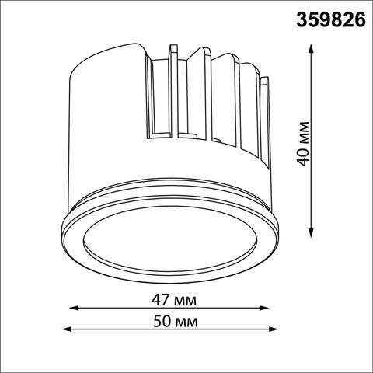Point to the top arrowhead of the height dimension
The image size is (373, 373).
click(312, 47)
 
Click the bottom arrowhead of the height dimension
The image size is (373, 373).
click(312, 235)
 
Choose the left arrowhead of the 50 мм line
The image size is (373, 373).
click(63, 329)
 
